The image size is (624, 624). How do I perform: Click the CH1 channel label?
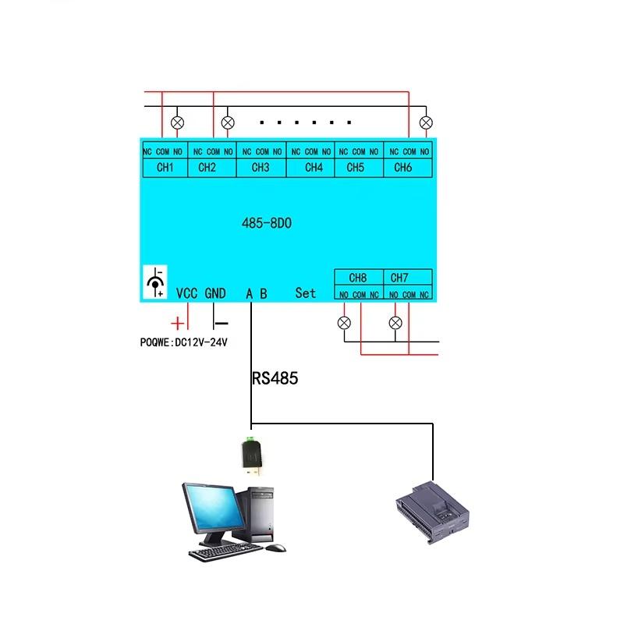[x=165, y=167]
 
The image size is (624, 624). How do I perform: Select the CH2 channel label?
[x=207, y=167]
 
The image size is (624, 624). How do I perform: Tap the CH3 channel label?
[x=261, y=167]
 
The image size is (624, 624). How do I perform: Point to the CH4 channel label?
[x=314, y=167]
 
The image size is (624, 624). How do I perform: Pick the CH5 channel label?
[x=356, y=167]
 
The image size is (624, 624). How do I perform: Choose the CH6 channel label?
[x=402, y=167]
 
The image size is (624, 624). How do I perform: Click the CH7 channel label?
[x=399, y=278]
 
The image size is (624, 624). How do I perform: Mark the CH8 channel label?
[x=358, y=278]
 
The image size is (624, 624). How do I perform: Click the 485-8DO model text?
[x=266, y=223]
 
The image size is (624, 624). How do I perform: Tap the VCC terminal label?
[x=187, y=293]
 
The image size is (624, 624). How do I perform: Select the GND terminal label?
[x=215, y=293]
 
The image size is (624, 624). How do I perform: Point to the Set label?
[x=306, y=293]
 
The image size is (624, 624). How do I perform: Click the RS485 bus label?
[x=275, y=379]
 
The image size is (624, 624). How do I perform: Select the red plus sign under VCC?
[x=179, y=322]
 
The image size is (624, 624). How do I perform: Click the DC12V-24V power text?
[x=201, y=342]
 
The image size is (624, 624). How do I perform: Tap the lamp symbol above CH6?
[x=426, y=122]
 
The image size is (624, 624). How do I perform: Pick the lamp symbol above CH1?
[x=178, y=122]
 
